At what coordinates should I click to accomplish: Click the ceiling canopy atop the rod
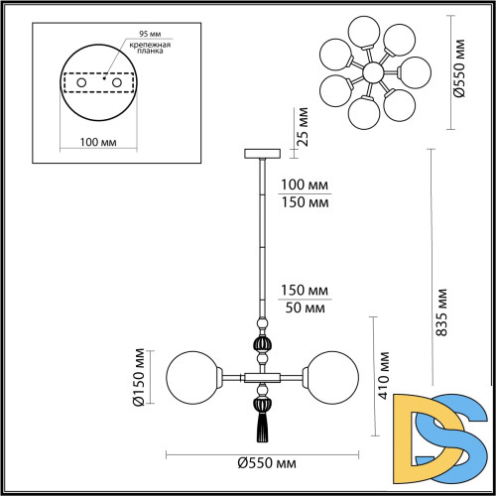[263, 154]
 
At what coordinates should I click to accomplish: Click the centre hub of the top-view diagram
[374, 72]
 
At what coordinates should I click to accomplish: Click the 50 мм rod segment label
[305, 307]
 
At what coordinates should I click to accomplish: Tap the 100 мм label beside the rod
[306, 186]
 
